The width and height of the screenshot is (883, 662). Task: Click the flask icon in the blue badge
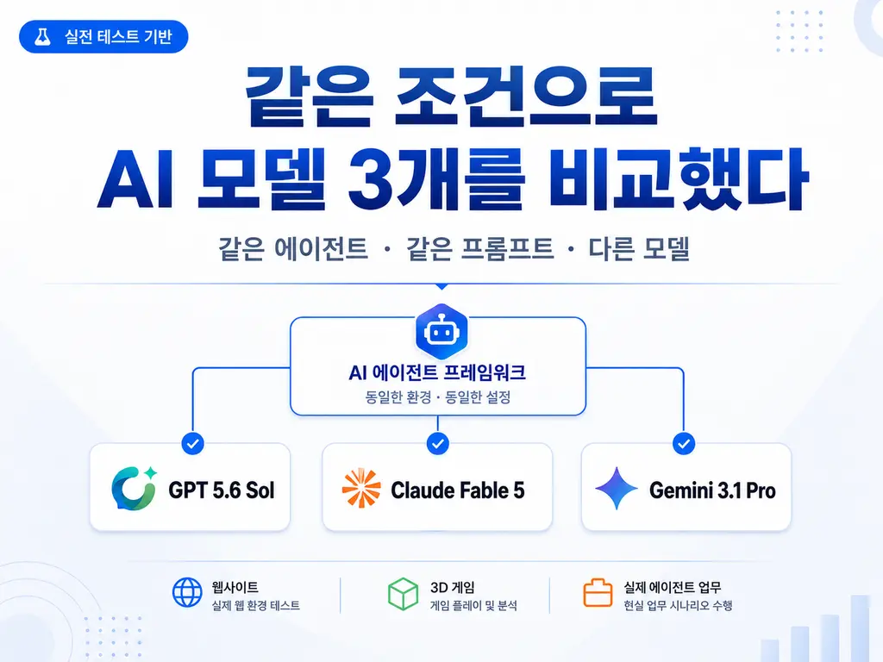42,36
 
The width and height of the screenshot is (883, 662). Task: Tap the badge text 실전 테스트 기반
118,36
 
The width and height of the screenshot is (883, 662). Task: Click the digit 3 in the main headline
371,179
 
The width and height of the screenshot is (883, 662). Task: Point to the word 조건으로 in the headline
526,97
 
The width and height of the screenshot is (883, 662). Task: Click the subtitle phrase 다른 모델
639,248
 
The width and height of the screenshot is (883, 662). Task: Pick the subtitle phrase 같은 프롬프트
479,248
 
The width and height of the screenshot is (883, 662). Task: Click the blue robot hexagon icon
441,331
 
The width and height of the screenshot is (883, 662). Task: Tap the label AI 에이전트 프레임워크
437,372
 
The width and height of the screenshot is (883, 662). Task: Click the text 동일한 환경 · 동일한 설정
437,397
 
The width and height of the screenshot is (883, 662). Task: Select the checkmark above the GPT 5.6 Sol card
192,444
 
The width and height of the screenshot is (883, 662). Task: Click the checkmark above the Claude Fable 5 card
437,444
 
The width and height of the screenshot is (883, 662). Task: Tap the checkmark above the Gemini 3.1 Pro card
684,444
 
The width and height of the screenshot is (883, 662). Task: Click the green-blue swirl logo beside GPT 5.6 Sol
134,488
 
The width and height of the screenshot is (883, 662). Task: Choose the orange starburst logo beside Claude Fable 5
361,488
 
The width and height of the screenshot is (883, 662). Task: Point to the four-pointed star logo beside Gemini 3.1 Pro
617,488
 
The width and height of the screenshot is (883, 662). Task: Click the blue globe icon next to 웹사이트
187,593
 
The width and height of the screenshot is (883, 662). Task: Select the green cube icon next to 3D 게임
404,594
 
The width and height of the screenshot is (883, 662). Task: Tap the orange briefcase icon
598,593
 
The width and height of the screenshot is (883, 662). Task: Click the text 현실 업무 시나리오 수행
678,606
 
